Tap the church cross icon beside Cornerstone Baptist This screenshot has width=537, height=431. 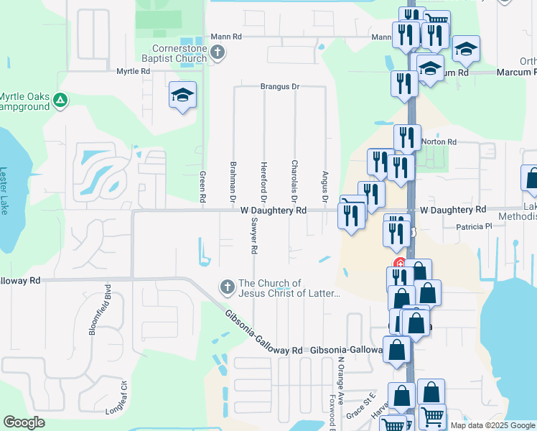(219, 53)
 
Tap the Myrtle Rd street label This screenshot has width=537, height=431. (134, 72)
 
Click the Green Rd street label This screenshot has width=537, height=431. (203, 186)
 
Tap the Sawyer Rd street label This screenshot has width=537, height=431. (253, 237)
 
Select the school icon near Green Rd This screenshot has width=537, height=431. (182, 94)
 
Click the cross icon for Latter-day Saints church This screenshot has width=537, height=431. (227, 288)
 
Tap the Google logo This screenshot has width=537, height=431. (24, 422)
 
